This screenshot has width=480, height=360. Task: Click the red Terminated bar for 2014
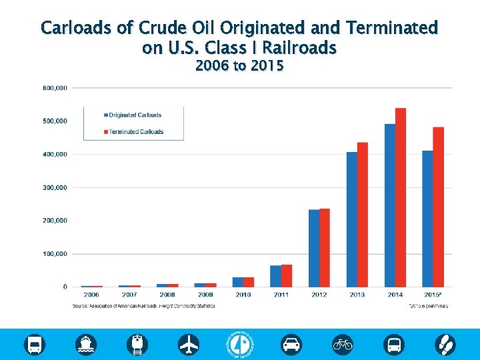401,197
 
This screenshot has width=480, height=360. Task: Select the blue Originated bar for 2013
351,219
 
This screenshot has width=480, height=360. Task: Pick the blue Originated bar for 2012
313,248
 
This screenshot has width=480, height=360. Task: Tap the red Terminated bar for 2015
439,207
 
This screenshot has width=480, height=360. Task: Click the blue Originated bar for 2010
237,282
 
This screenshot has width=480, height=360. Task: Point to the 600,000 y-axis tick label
55,88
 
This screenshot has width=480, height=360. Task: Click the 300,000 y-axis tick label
55,187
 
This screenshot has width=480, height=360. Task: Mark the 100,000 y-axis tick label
55,254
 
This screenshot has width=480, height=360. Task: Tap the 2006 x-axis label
91,295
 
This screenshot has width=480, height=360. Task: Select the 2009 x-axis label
205,295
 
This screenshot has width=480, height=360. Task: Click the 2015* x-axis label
433,295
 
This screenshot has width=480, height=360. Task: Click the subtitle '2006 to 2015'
239,66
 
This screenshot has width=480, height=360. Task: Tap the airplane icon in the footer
189,344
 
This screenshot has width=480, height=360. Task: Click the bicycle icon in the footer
343,344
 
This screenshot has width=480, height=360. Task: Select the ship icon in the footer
87,344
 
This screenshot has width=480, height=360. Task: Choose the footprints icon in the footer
445,344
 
